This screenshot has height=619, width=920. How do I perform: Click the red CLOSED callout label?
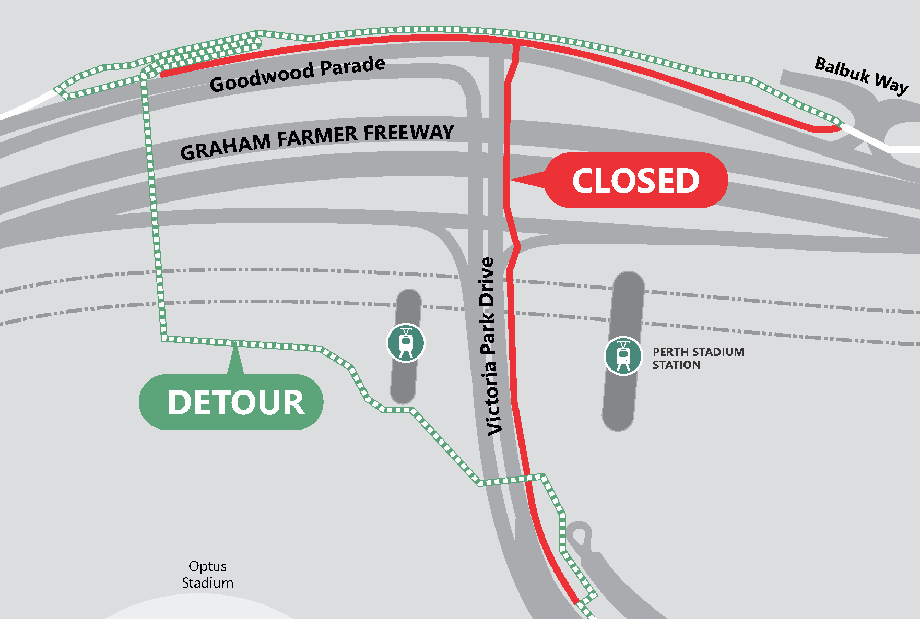click(635, 181)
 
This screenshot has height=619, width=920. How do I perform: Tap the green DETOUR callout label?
click(232, 402)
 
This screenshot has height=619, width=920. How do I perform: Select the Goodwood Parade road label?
click(297, 74)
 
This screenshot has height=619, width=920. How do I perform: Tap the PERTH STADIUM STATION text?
click(698, 358)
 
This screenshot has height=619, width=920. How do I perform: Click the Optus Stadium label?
click(208, 574)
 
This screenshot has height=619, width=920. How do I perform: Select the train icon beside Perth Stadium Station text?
click(623, 355)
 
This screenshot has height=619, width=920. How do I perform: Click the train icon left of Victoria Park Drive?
click(406, 343)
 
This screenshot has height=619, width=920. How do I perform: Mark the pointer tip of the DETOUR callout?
click(236, 344)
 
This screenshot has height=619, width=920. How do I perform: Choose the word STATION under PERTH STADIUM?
click(676, 365)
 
